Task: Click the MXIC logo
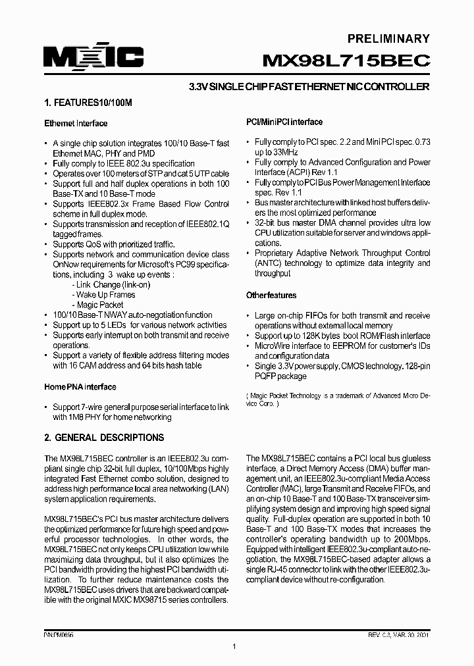pyautogui.click(x=93, y=59)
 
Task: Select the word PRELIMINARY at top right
pyautogui.click(x=389, y=39)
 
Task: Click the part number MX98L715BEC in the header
pyautogui.click(x=346, y=61)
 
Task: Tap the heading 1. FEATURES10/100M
pyautogui.click(x=88, y=103)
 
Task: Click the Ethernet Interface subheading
pyautogui.click(x=76, y=123)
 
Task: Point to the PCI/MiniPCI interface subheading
pyautogui.click(x=284, y=122)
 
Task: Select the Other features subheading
pyautogui.click(x=271, y=295)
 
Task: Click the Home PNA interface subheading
pyautogui.click(x=80, y=387)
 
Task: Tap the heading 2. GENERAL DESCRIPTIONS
pyautogui.click(x=104, y=438)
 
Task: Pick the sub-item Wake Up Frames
pyautogui.click(x=106, y=295)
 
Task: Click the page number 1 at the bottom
pyautogui.click(x=234, y=647)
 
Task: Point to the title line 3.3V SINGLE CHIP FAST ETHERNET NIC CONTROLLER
pyautogui.click(x=309, y=87)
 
